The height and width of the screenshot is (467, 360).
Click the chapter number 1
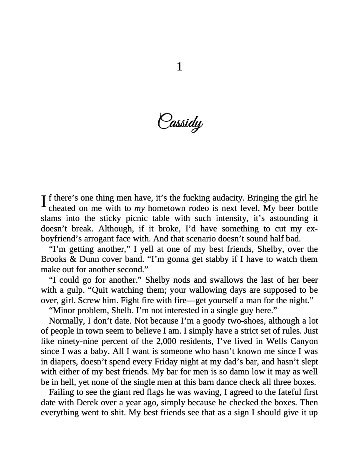tap(180, 67)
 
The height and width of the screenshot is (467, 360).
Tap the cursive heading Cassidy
tap(180, 123)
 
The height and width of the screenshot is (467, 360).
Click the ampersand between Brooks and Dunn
tap(72, 259)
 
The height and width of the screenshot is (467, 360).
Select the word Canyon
tap(304, 341)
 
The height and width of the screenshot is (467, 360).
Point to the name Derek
tap(88, 402)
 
